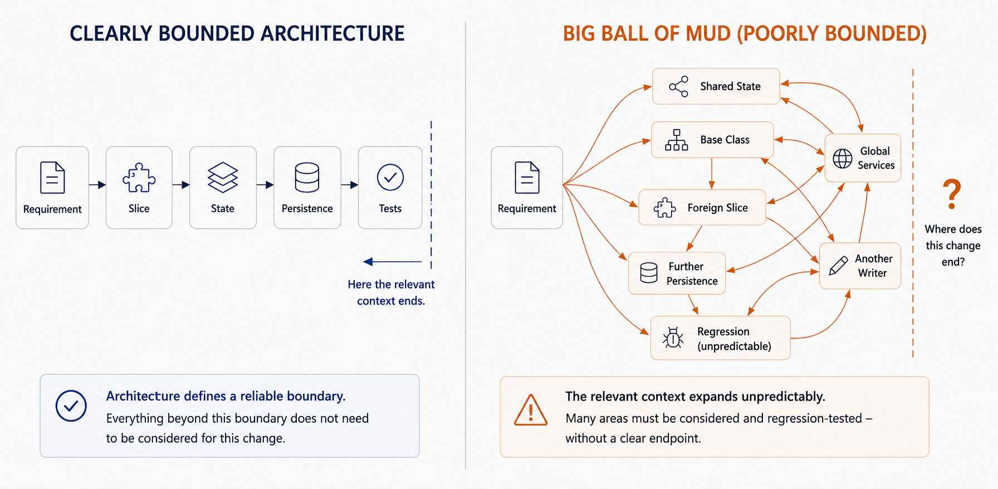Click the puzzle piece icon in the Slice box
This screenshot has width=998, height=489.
tap(139, 178)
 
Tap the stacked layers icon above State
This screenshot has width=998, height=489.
tap(223, 177)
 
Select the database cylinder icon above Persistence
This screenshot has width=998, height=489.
tap(307, 177)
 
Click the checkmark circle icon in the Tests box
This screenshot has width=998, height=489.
tap(390, 177)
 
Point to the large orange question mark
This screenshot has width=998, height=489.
tap(952, 194)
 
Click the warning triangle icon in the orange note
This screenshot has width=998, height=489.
tap(531, 410)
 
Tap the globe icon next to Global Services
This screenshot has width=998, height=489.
tap(842, 159)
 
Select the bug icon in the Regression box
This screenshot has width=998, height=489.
tap(673, 338)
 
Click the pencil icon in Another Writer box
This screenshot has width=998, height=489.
tap(838, 266)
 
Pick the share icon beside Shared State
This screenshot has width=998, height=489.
tap(679, 86)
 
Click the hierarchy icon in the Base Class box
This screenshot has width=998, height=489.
tap(677, 140)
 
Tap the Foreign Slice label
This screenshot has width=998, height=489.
tap(717, 208)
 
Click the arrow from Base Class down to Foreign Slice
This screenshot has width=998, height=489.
tap(712, 174)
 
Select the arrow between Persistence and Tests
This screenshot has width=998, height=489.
tap(350, 185)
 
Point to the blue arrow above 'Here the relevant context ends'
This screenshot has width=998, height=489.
tap(392, 261)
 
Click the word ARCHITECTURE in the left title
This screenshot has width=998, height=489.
tap(332, 33)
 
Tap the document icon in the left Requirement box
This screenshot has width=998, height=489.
tap(52, 178)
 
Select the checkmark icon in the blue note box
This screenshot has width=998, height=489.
tap(71, 405)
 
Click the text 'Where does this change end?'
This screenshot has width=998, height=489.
tap(953, 246)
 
